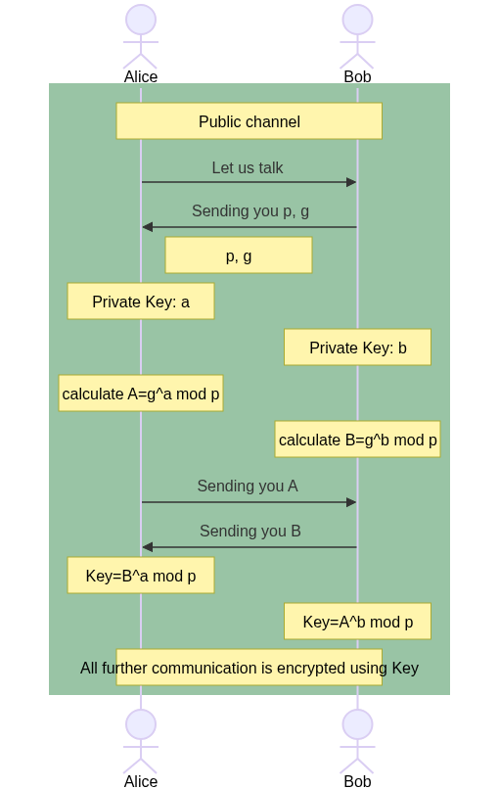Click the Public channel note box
(249, 120)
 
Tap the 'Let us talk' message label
(248, 167)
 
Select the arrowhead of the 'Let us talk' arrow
(351, 182)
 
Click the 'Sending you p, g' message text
(250, 210)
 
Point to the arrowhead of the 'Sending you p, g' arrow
(148, 227)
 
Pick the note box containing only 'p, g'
(239, 255)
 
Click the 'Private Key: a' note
(141, 301)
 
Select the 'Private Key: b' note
(358, 348)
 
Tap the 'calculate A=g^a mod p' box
(141, 393)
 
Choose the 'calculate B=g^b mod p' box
(358, 440)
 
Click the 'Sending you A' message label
(248, 487)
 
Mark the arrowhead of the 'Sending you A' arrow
(351, 502)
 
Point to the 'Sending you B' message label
(250, 531)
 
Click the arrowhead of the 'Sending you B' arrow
(148, 547)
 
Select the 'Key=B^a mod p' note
(141, 576)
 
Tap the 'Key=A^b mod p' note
(358, 622)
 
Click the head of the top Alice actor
(141, 20)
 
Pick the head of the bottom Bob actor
(358, 724)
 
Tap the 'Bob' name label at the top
(358, 76)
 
